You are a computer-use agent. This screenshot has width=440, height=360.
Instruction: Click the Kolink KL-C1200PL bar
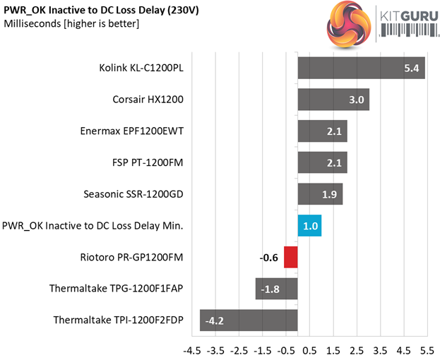[361, 68]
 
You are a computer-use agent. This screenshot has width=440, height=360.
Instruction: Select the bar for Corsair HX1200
[333, 100]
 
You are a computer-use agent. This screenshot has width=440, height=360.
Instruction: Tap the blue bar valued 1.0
[309, 225]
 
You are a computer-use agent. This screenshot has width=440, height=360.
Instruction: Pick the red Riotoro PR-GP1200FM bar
[290, 257]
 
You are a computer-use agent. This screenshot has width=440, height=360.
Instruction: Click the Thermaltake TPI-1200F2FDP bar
[249, 320]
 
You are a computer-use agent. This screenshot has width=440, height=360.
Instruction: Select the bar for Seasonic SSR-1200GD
[320, 194]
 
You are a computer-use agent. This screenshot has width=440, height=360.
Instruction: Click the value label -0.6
[269, 258]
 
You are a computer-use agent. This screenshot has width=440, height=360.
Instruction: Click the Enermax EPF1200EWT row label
[132, 131]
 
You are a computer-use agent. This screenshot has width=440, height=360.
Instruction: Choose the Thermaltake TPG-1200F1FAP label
[117, 288]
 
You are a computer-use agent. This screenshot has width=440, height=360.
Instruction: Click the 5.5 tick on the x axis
[427, 350]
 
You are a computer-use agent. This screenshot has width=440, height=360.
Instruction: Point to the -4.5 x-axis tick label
[191, 350]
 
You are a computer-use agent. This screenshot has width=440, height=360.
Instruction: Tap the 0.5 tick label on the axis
[309, 350]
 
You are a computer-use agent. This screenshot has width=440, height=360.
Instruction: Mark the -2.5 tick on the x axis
[239, 350]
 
